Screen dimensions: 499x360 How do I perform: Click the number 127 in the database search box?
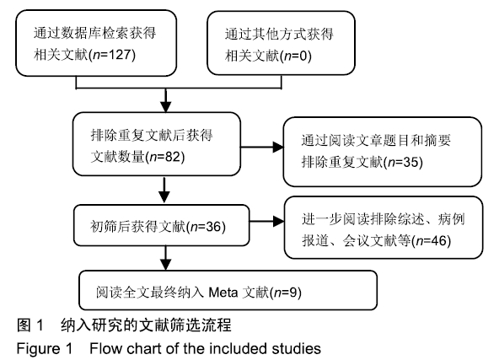(x=121, y=55)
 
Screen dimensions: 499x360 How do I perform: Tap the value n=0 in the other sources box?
(x=296, y=56)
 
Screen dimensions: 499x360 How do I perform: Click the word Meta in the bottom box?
(x=223, y=293)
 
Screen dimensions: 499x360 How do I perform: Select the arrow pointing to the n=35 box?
(x=261, y=147)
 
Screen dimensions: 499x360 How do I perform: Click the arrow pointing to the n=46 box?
(x=266, y=221)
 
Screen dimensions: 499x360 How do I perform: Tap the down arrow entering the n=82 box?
(x=165, y=100)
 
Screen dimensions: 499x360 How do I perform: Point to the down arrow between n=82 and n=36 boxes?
(x=164, y=190)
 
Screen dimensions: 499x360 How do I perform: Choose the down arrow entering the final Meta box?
(x=165, y=258)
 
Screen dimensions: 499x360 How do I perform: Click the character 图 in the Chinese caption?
(x=24, y=325)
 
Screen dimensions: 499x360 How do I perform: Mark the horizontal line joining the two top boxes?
(x=179, y=88)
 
